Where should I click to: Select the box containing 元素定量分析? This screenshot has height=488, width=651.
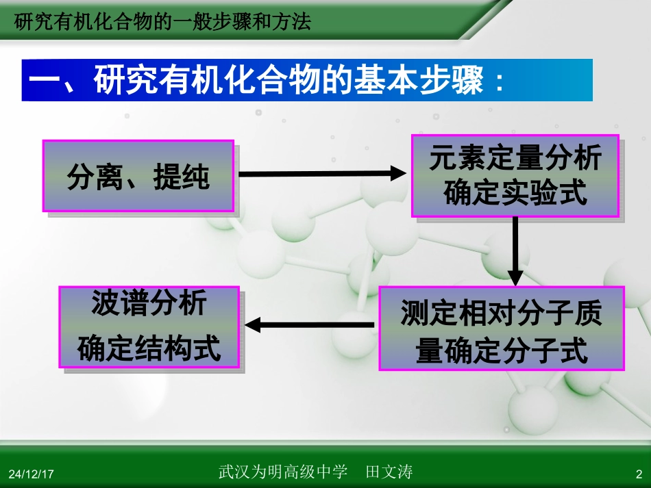pyautogui.click(x=515, y=175)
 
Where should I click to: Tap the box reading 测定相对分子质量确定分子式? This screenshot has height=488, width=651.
pyautogui.click(x=502, y=329)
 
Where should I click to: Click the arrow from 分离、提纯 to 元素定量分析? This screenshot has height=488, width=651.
pyautogui.click(x=322, y=174)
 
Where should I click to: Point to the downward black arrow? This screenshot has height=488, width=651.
pyautogui.click(x=515, y=251)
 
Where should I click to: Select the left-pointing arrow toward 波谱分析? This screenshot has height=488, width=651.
pyautogui.click(x=310, y=324)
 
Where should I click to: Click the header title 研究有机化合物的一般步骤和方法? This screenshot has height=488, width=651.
pyautogui.click(x=162, y=23)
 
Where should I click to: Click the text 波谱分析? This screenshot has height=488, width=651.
pyautogui.click(x=149, y=305)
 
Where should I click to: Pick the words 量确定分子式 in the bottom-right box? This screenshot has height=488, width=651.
pyautogui.click(x=502, y=351)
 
